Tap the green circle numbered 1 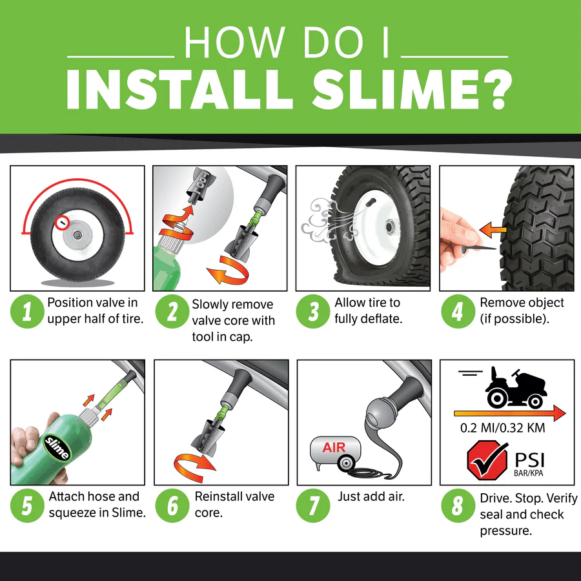26,312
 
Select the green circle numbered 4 457,312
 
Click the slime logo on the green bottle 56,447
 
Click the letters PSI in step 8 529,460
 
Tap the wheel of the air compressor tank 347,464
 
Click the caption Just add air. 371,496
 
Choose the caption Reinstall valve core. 234,504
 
